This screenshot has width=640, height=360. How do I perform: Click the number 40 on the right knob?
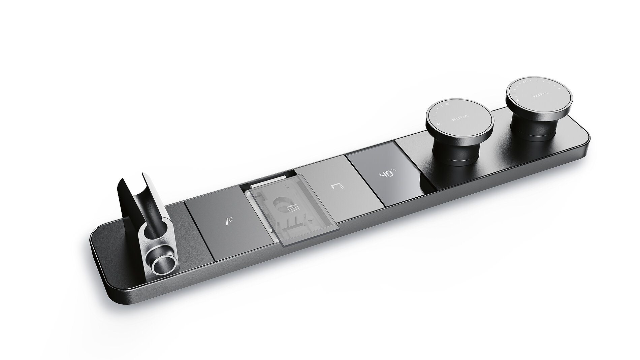tap(525, 81)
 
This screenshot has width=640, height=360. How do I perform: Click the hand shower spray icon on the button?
tap(229, 221)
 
